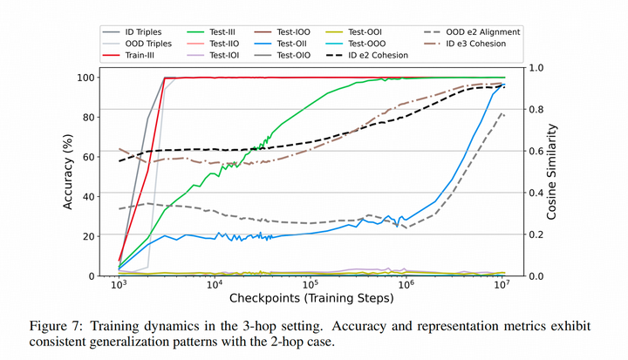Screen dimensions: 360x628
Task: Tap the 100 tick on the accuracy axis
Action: coord(94,78)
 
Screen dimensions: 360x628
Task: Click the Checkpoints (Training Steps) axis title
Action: coord(310,298)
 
